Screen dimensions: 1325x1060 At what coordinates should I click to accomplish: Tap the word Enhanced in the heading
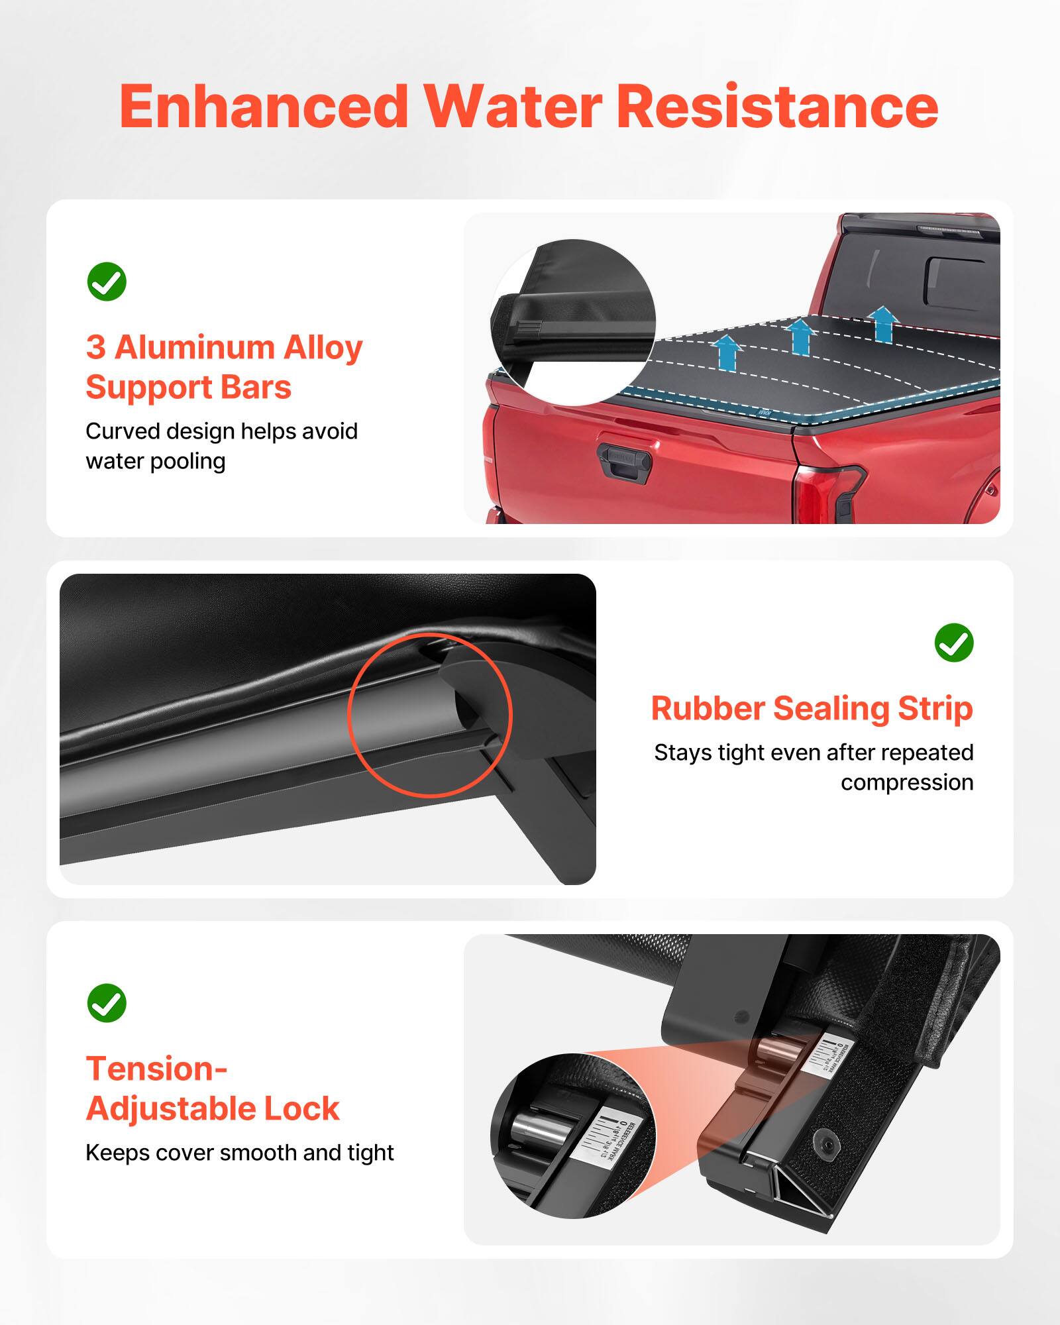click(264, 107)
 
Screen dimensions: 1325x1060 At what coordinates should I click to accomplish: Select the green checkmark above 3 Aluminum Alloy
click(107, 282)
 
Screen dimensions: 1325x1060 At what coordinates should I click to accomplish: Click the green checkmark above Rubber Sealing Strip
click(953, 642)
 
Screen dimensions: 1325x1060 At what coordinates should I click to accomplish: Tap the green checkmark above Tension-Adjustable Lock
click(107, 1002)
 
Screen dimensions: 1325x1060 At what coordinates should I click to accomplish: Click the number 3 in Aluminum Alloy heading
click(96, 347)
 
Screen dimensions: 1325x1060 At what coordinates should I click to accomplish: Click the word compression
click(907, 782)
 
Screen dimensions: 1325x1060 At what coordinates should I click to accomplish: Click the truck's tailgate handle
click(623, 459)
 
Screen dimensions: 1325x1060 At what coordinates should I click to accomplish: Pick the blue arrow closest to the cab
click(883, 324)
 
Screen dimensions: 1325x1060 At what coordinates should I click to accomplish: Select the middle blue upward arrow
click(800, 337)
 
